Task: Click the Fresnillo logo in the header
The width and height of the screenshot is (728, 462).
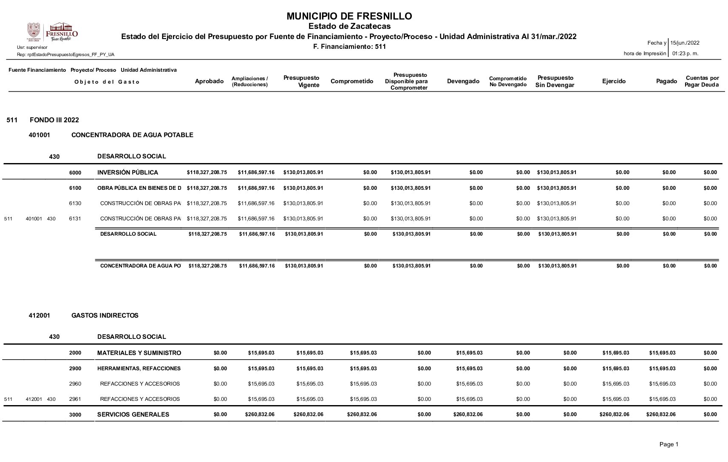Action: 53,32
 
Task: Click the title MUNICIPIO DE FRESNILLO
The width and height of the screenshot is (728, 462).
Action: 349,17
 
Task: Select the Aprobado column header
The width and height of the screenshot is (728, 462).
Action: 209,82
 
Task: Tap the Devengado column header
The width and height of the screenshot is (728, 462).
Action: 463,82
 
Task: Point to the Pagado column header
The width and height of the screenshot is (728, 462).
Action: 666,82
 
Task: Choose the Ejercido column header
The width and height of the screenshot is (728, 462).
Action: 614,82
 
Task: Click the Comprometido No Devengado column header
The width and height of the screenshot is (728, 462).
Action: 507,82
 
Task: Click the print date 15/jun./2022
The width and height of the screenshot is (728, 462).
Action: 685,43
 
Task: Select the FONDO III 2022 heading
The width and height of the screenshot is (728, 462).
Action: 54,120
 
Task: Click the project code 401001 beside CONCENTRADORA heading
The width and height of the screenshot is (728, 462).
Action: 39,135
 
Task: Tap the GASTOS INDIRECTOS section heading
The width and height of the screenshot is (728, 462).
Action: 105,316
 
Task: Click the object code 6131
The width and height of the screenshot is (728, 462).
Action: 75,219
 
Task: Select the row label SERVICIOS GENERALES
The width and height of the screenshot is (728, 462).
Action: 133,414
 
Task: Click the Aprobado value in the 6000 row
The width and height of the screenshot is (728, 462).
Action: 207,172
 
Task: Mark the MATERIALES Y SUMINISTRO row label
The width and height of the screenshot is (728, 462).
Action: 139,353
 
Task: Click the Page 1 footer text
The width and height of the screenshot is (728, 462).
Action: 669,444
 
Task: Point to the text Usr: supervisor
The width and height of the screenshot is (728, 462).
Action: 32,48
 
